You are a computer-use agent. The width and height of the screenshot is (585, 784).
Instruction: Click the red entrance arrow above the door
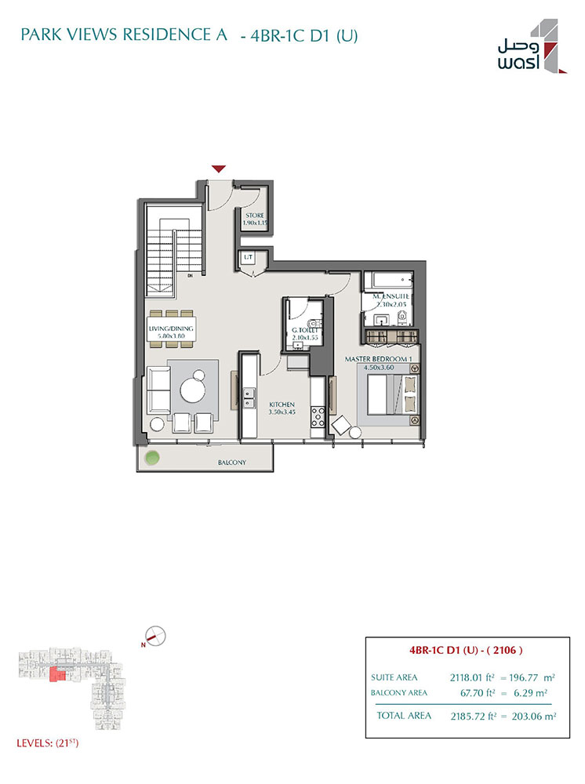(219, 169)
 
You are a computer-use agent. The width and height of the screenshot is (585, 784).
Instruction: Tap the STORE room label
(255, 216)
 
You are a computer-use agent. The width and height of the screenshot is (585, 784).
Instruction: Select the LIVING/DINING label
(171, 328)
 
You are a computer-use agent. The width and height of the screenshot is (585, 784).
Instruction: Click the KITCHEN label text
(282, 405)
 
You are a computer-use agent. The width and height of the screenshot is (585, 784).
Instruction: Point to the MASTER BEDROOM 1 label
(379, 359)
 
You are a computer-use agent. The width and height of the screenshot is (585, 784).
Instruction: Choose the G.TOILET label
(305, 330)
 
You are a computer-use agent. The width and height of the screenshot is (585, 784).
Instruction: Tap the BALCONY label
(232, 463)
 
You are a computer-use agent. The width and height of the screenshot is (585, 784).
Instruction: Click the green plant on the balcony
(152, 458)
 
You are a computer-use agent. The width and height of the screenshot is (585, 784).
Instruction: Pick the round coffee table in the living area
(193, 390)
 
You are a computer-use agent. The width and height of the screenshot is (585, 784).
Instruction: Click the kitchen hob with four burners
(318, 416)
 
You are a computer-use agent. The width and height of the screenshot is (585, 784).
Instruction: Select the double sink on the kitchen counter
(249, 397)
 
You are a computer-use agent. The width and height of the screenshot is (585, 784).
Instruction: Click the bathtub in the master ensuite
(388, 280)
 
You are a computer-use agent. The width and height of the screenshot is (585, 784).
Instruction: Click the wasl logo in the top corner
(532, 46)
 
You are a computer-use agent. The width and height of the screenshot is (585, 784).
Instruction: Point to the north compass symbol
(155, 636)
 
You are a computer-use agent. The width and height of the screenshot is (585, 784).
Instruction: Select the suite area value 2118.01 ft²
(472, 677)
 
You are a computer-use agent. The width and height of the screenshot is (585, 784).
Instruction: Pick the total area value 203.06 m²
(533, 716)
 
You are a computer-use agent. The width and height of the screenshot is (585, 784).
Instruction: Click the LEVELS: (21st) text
(48, 743)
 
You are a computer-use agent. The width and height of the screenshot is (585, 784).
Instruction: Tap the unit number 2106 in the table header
(504, 650)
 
